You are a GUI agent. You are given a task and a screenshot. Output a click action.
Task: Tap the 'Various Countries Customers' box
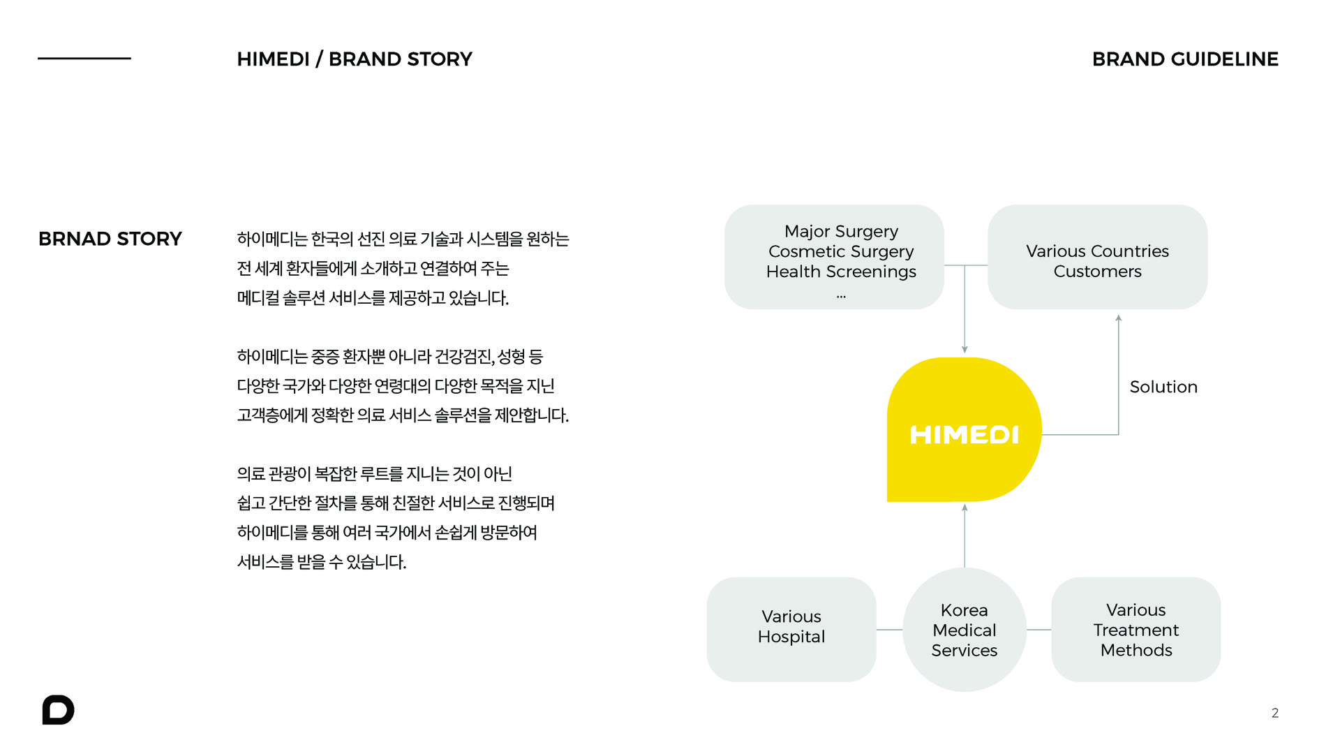coord(1097,257)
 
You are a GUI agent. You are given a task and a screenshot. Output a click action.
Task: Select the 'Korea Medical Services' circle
coord(965,630)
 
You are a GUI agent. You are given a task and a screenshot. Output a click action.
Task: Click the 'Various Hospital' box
coord(791,629)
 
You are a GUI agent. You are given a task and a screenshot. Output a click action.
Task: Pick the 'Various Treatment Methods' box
coord(1136,629)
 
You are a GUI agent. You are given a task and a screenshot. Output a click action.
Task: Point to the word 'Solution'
coord(1163,387)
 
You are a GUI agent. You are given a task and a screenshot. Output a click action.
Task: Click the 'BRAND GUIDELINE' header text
coord(1185,59)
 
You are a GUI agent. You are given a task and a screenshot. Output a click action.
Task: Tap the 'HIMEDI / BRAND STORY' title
coord(355,59)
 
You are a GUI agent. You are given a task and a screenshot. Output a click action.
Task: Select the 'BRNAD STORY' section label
coord(110,239)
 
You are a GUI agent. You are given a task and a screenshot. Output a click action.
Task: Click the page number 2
coord(1275,713)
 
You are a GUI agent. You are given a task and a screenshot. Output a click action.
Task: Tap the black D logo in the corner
coord(58,710)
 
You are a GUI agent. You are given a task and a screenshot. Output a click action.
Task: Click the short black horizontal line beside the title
coord(84,58)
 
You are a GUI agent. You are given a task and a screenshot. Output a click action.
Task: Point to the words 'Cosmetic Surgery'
coord(841,251)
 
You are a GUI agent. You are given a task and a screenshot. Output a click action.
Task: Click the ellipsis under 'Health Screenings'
coord(841,297)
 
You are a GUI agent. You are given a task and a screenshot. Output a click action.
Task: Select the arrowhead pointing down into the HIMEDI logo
coord(965,349)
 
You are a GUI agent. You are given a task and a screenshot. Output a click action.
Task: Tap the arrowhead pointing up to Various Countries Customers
coord(1119,318)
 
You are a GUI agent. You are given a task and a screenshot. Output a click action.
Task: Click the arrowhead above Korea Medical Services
coord(965,508)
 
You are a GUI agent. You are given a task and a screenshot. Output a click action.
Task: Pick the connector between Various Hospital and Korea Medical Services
coord(890,630)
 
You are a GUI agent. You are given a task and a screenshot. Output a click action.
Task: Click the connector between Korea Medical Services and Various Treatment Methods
coord(1039,630)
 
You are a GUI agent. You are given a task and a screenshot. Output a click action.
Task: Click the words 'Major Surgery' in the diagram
coord(841,231)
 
